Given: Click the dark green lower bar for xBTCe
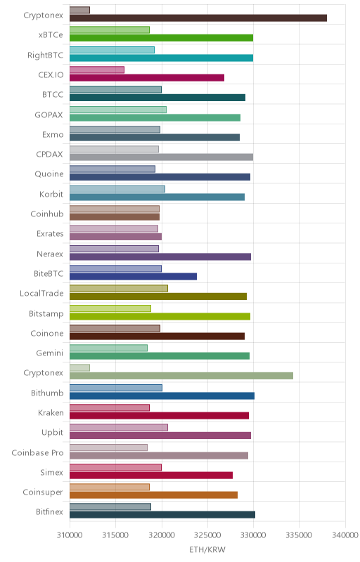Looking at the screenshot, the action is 161,38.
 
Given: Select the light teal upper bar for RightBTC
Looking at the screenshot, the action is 112,50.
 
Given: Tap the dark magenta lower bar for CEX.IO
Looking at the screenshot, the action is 147,78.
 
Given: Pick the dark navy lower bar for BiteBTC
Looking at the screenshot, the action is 133,276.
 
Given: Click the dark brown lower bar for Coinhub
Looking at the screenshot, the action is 115,217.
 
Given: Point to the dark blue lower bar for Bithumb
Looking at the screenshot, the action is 162,396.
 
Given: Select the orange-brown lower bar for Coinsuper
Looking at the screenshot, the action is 153,495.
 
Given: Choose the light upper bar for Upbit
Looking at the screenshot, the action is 119,427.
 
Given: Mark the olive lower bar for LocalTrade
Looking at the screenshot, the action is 158,296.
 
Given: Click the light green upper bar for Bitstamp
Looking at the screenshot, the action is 110,308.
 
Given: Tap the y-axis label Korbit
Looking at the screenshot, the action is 51,195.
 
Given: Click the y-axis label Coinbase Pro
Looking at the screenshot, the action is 38,452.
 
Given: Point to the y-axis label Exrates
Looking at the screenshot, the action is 50,234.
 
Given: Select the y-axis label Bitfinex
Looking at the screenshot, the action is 49,512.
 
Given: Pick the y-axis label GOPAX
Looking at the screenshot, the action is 49,115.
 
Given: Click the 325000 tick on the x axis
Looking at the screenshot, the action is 207,535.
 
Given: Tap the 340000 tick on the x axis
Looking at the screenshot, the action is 345,535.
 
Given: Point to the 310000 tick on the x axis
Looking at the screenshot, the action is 70,535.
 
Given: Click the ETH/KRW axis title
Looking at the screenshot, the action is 207,550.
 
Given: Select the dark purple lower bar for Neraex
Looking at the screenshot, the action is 160,256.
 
